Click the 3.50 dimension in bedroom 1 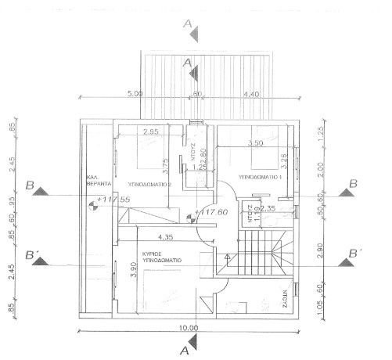click(254, 144)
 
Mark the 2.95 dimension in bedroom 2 click(151, 131)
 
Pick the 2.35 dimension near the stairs click(268, 208)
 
